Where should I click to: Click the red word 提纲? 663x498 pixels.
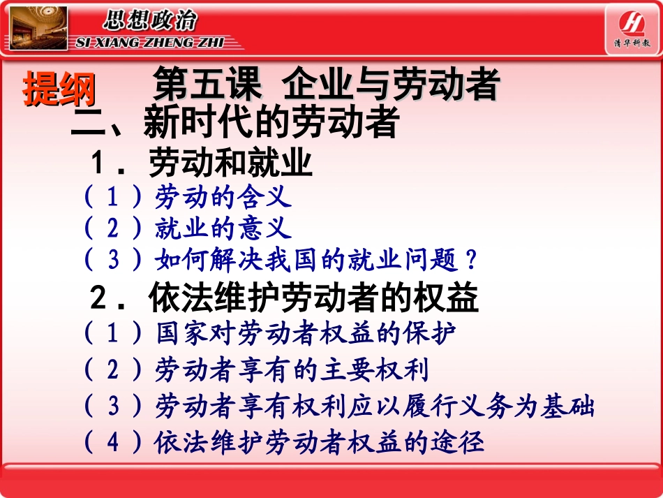[x=59, y=89]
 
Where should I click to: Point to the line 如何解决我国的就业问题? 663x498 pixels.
[x=307, y=260]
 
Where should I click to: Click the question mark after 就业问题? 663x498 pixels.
[x=471, y=261]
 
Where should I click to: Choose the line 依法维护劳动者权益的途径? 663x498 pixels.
[x=319, y=442]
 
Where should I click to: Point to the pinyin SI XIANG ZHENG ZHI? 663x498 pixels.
[x=148, y=43]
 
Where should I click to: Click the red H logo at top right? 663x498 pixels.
[x=632, y=21]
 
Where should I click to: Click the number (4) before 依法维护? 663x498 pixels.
[x=113, y=443]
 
